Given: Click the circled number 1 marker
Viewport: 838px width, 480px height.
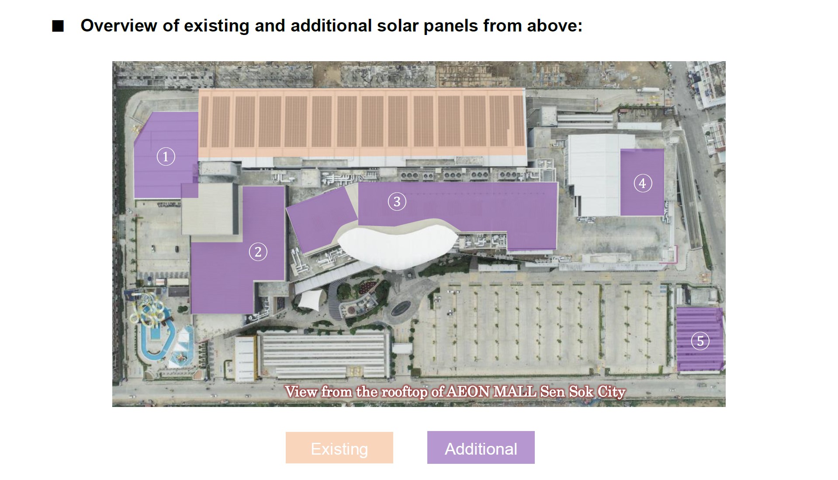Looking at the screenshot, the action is (x=166, y=157).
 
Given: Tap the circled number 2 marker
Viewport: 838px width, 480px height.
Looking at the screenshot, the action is (x=258, y=252).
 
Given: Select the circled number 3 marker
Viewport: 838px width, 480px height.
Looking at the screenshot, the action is (x=397, y=202).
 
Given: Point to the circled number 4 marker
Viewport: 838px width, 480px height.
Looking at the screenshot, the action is (x=643, y=183).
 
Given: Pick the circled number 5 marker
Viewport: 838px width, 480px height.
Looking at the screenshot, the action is (x=700, y=341).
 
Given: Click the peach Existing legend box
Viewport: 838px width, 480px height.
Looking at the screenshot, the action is (x=339, y=448).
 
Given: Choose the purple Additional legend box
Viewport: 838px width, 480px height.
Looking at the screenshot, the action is (x=481, y=448).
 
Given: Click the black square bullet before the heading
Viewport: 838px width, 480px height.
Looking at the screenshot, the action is (x=58, y=26).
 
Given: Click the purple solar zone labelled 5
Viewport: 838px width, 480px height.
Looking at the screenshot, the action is (x=699, y=339).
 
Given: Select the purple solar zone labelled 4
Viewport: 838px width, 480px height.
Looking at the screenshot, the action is (x=642, y=182).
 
